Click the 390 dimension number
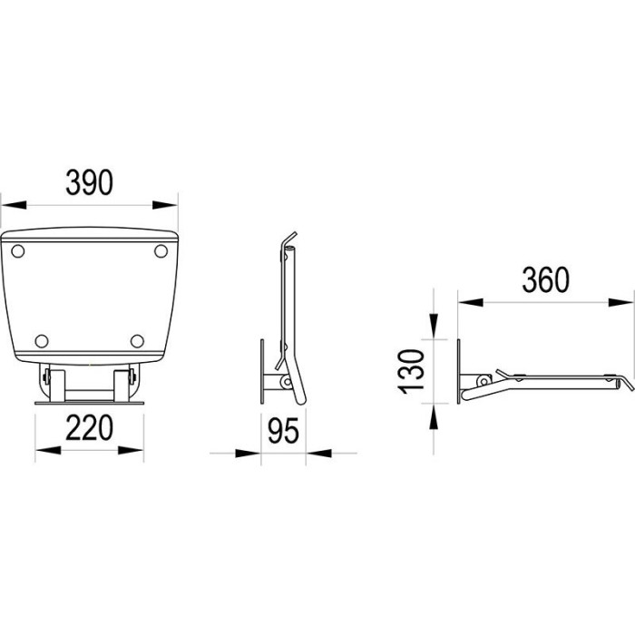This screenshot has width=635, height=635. (x=90, y=182)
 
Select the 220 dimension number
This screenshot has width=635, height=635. (x=89, y=427)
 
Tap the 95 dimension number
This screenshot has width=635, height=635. (x=283, y=431)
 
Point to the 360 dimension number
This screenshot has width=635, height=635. (x=545, y=279)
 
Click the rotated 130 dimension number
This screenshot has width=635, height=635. (x=411, y=371)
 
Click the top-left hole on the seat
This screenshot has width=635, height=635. (x=18, y=251)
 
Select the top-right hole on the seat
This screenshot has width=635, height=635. (x=161, y=251)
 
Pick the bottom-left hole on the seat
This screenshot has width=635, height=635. (x=42, y=341)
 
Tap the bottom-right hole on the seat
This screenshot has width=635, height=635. (x=137, y=341)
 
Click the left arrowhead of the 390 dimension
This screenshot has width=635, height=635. (x=14, y=205)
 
